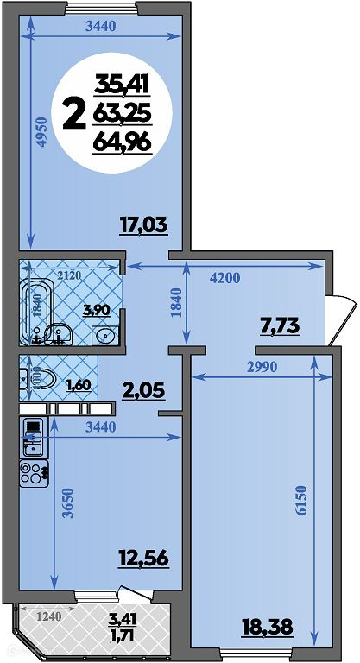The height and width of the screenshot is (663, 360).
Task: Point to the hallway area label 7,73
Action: click(280, 326)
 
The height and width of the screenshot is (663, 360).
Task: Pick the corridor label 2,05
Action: click(142, 391)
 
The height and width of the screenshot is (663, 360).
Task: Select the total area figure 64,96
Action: click(123, 142)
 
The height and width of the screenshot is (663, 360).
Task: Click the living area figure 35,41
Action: click(123, 83)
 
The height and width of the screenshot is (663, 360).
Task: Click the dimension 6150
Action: click(301, 500)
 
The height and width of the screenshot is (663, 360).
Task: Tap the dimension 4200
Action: click(224, 278)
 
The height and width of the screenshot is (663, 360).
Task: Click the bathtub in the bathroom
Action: click(38, 312)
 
